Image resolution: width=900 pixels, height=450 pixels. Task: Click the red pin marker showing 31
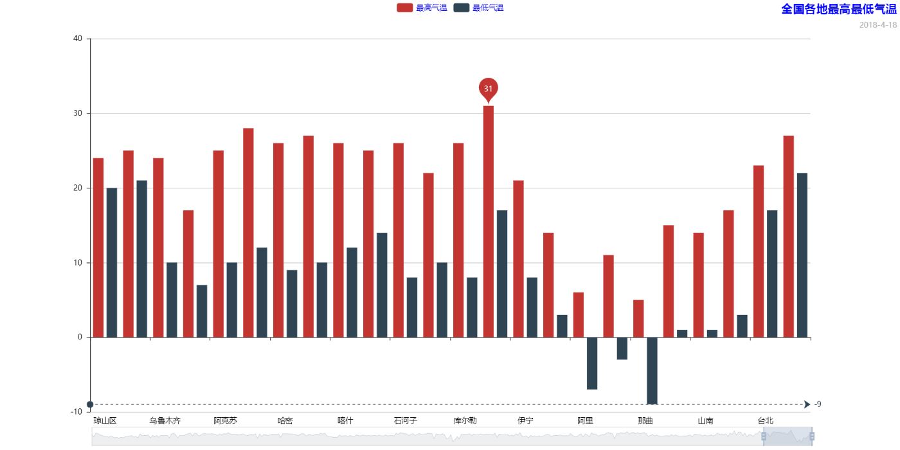(488, 89)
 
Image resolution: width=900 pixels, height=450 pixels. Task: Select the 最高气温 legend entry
(422, 8)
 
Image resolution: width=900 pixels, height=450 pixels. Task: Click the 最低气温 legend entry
(478, 8)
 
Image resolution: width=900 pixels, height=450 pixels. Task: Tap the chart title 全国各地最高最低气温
(838, 9)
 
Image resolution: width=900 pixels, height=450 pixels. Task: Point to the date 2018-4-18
(878, 25)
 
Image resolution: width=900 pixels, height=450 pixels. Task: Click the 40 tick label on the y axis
(78, 39)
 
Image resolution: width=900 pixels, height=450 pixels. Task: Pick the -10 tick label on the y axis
(76, 411)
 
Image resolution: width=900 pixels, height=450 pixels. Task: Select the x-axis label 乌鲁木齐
(165, 421)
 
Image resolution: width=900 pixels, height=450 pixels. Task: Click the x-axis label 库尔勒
(465, 421)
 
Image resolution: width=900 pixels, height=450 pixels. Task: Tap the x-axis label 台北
(765, 421)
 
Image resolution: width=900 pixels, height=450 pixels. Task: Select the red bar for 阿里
(579, 315)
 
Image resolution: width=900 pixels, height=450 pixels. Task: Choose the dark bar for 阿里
(592, 363)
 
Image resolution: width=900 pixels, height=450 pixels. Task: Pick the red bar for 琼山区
(98, 248)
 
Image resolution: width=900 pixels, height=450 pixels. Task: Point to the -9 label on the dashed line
(818, 404)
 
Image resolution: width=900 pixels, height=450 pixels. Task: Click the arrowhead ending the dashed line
(807, 404)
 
